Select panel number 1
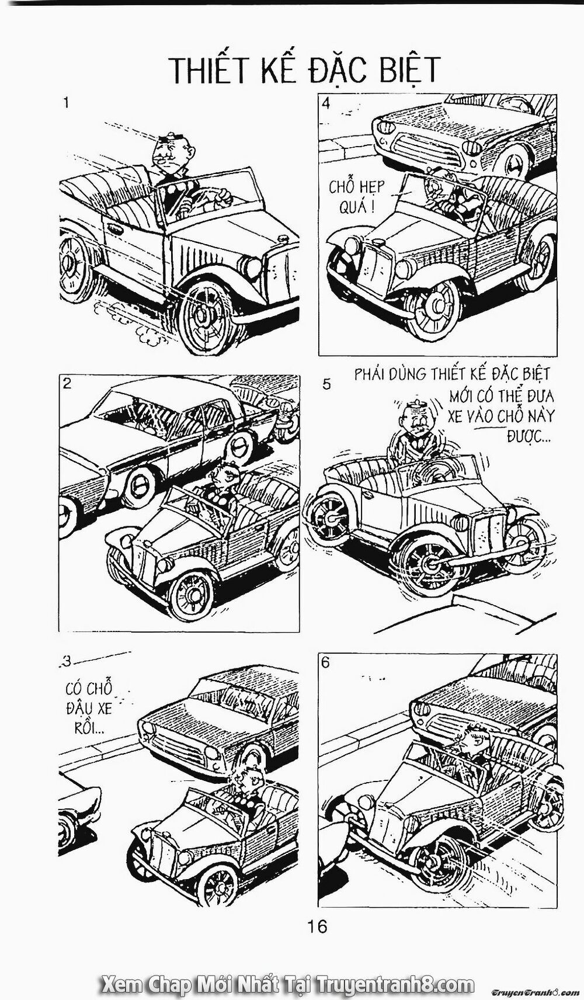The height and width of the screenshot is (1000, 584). (67, 104)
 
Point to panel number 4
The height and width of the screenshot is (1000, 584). (326, 104)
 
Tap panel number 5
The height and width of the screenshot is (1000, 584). (326, 384)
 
